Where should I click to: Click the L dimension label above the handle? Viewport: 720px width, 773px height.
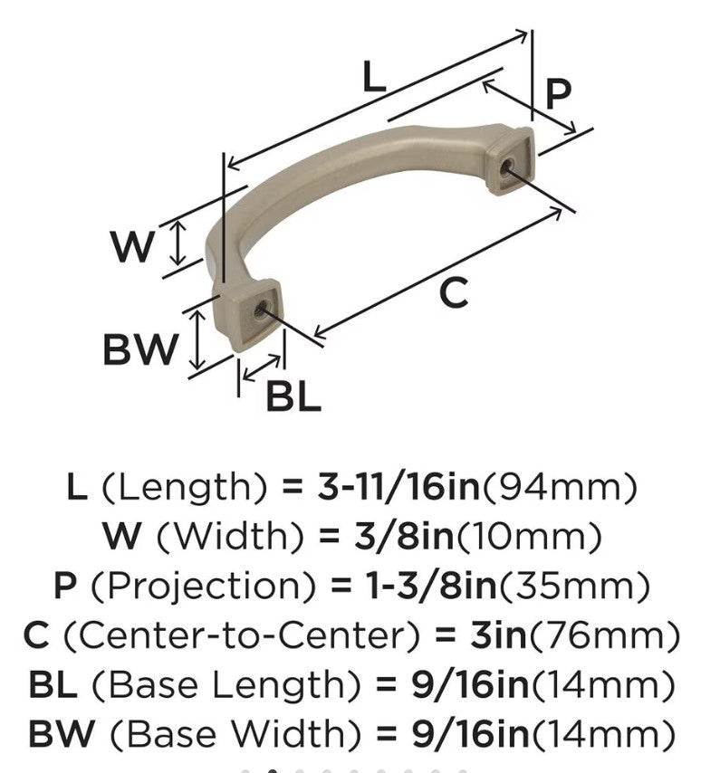[373, 77]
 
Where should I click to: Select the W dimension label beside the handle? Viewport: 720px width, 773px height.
[132, 245]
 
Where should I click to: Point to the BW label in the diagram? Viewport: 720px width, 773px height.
[139, 348]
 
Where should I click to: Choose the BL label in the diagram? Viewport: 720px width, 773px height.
[293, 396]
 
